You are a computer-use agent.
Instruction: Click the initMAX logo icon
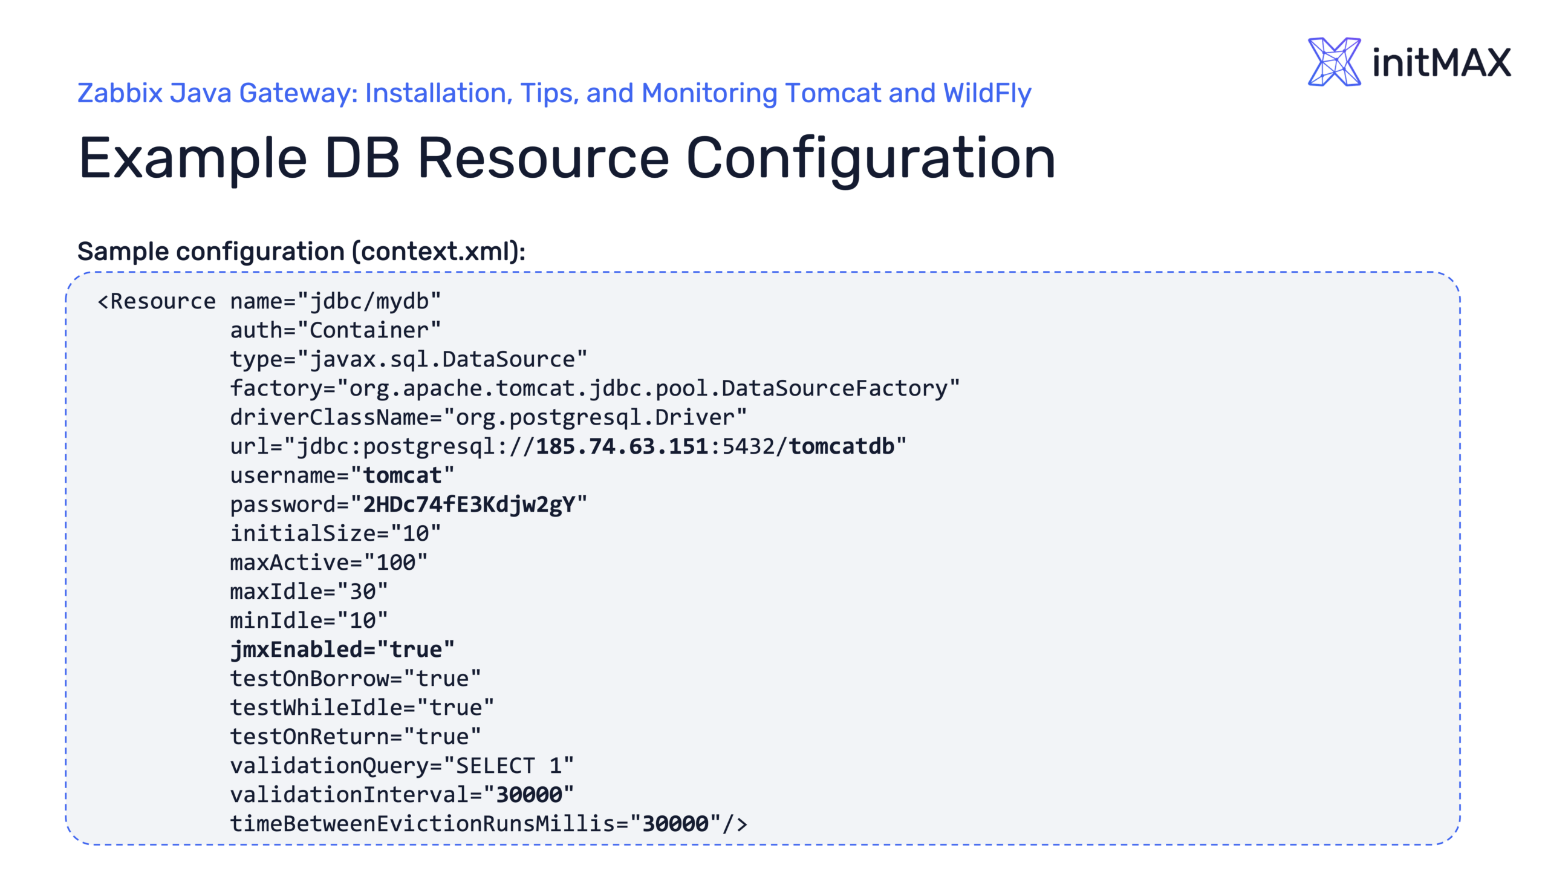pos(1333,62)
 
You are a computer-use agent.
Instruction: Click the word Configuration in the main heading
pos(871,158)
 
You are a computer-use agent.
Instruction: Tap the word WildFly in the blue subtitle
pos(987,94)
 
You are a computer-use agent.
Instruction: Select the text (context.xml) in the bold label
pos(438,252)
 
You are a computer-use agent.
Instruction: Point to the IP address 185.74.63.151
pos(622,446)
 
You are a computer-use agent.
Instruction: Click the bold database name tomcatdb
pos(841,446)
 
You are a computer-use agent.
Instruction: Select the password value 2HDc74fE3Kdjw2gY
pos(469,504)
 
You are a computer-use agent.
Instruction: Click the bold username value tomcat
pos(402,475)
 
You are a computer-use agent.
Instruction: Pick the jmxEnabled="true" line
pos(342,650)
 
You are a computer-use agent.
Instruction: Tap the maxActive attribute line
pos(328,563)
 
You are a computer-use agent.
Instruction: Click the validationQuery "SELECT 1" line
pos(402,766)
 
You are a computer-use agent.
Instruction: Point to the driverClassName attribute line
pos(488,417)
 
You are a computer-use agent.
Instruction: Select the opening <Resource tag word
pos(157,301)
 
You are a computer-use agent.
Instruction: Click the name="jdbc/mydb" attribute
pos(336,301)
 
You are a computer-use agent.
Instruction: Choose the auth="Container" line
pos(336,330)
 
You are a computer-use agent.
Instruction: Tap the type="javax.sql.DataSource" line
pos(408,359)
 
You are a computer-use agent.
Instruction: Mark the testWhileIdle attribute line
pos(362,708)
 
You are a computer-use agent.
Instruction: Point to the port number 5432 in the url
pos(748,446)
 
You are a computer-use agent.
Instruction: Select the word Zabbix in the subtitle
pos(120,94)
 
